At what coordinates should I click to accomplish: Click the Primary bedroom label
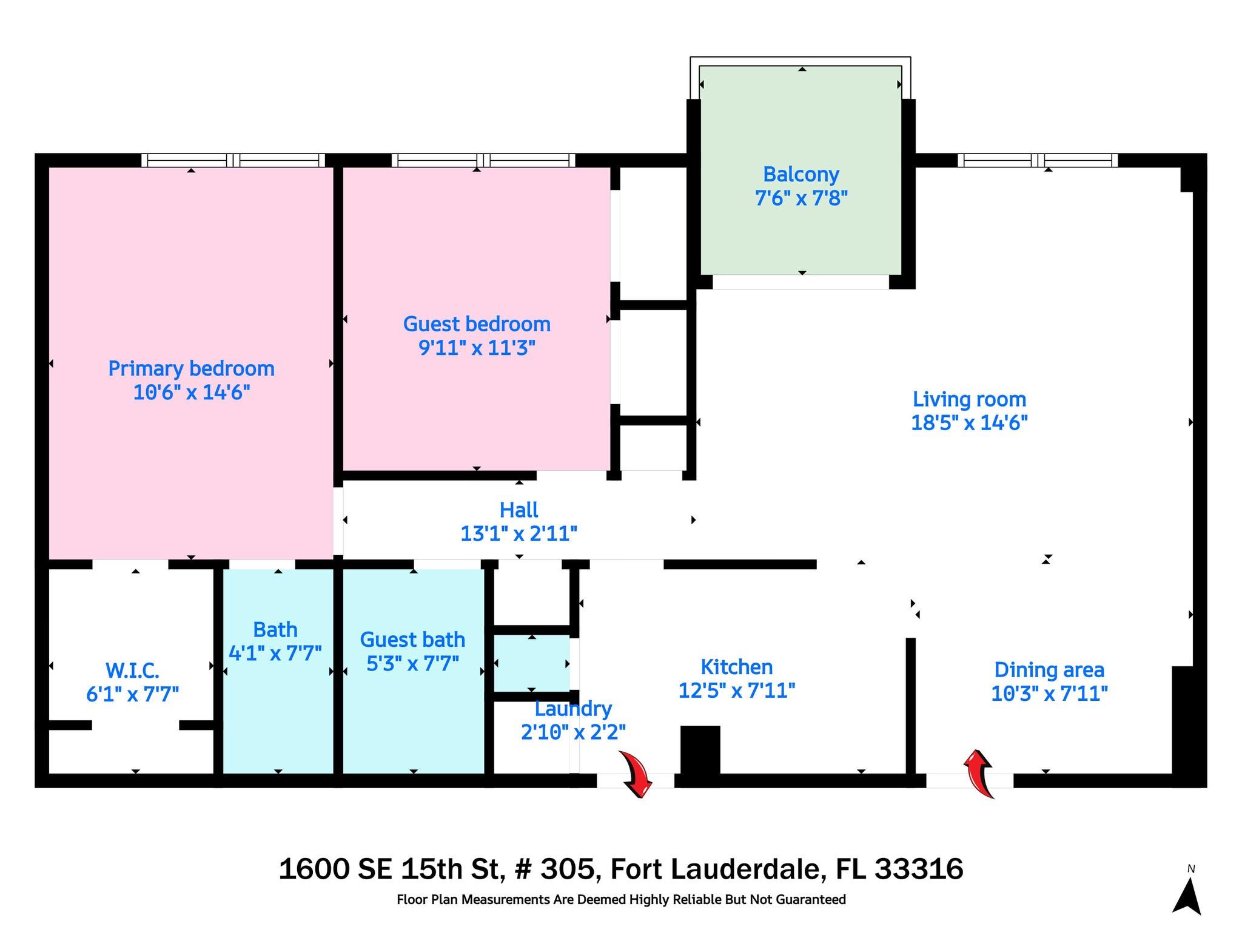[x=191, y=368]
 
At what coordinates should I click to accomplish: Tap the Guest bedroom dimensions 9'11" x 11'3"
[x=477, y=348]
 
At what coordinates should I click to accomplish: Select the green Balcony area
[x=801, y=171]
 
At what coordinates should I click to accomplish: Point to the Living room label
[x=969, y=399]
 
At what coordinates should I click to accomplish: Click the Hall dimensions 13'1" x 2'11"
[x=519, y=534]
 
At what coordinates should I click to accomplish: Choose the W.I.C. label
[x=132, y=670]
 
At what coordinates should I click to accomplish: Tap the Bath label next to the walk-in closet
[x=275, y=629]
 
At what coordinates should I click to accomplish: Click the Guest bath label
[x=412, y=640]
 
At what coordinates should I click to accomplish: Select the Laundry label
[x=573, y=709]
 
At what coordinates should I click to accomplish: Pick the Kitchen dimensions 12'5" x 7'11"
[x=736, y=691]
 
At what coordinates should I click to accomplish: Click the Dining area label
[x=1049, y=670]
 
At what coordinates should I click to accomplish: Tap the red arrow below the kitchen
[x=636, y=773]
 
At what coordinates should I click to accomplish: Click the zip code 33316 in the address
[x=919, y=869]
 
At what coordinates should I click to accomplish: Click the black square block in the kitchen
[x=700, y=750]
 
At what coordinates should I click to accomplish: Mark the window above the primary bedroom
[x=233, y=160]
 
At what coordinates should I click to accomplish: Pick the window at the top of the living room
[x=1038, y=160]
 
